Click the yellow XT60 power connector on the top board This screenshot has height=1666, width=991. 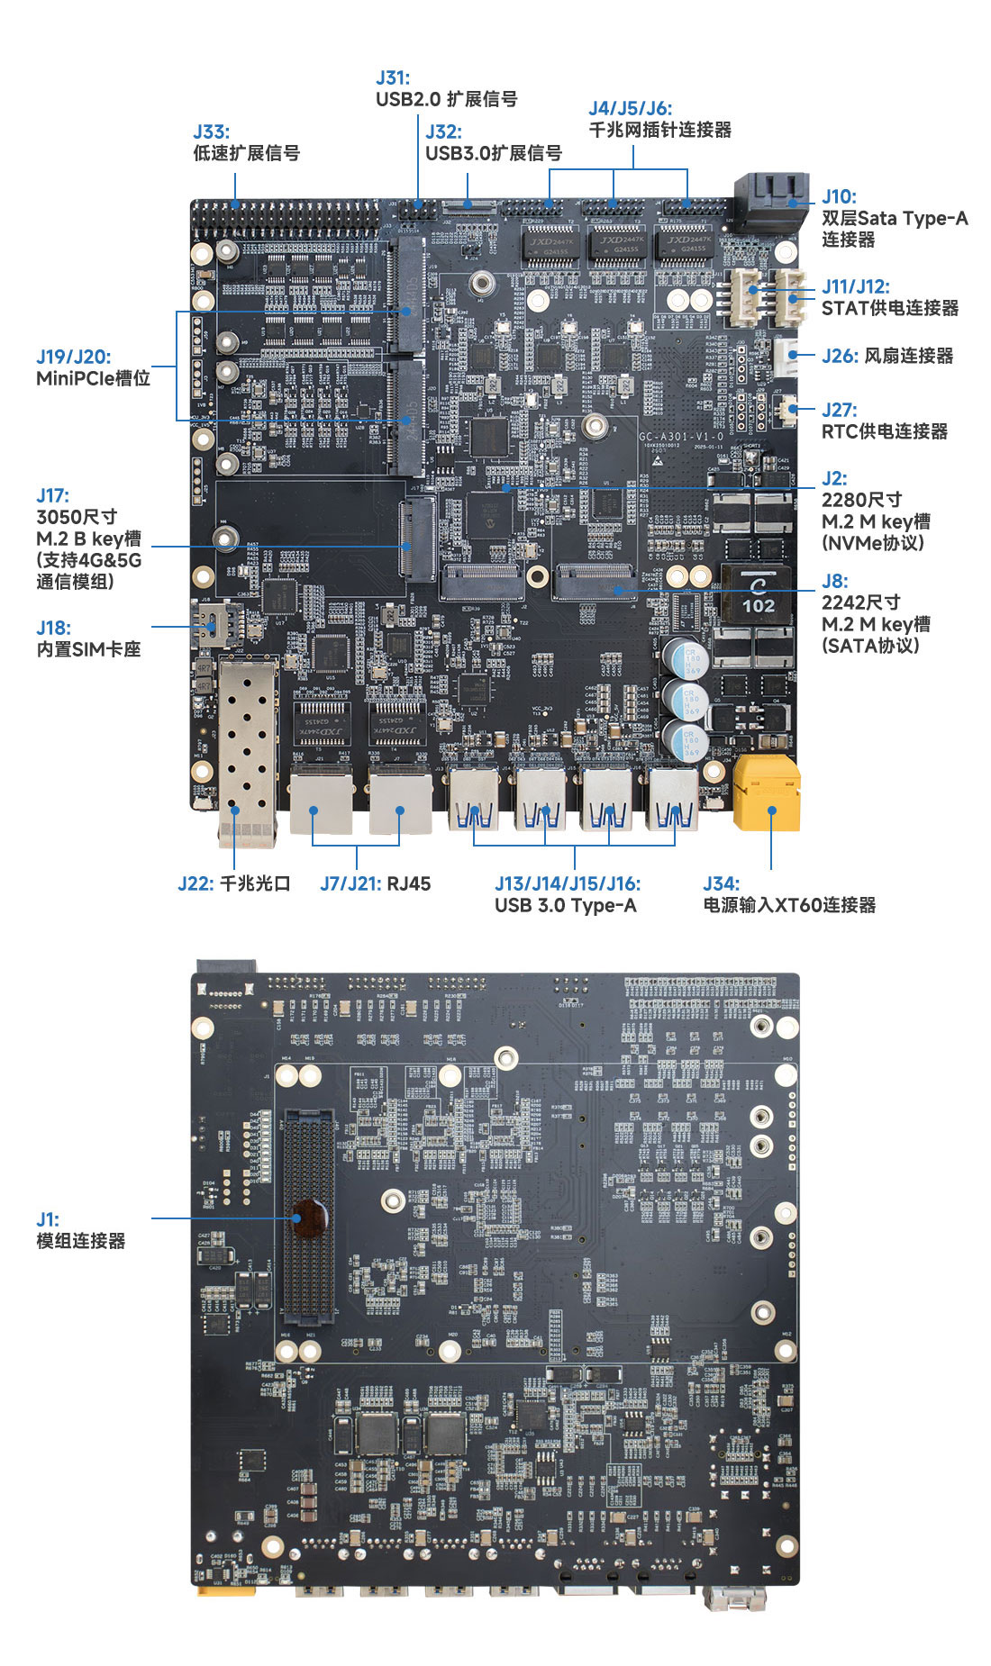[766, 792]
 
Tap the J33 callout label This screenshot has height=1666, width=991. [211, 132]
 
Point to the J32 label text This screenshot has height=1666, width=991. [443, 132]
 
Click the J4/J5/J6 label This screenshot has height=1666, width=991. [630, 109]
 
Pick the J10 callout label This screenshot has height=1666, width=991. [839, 196]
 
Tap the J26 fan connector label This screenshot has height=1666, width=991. [886, 356]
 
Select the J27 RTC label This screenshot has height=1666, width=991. [839, 411]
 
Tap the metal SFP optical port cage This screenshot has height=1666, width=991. [246, 747]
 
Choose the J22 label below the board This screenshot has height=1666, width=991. [233, 883]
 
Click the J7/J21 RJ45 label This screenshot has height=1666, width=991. [375, 883]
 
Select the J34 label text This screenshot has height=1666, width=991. [721, 883]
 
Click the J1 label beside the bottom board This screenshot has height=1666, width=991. [48, 1219]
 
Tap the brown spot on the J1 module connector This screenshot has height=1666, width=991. [307, 1218]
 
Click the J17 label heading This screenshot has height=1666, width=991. [52, 495]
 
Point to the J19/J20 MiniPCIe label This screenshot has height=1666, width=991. [74, 357]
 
